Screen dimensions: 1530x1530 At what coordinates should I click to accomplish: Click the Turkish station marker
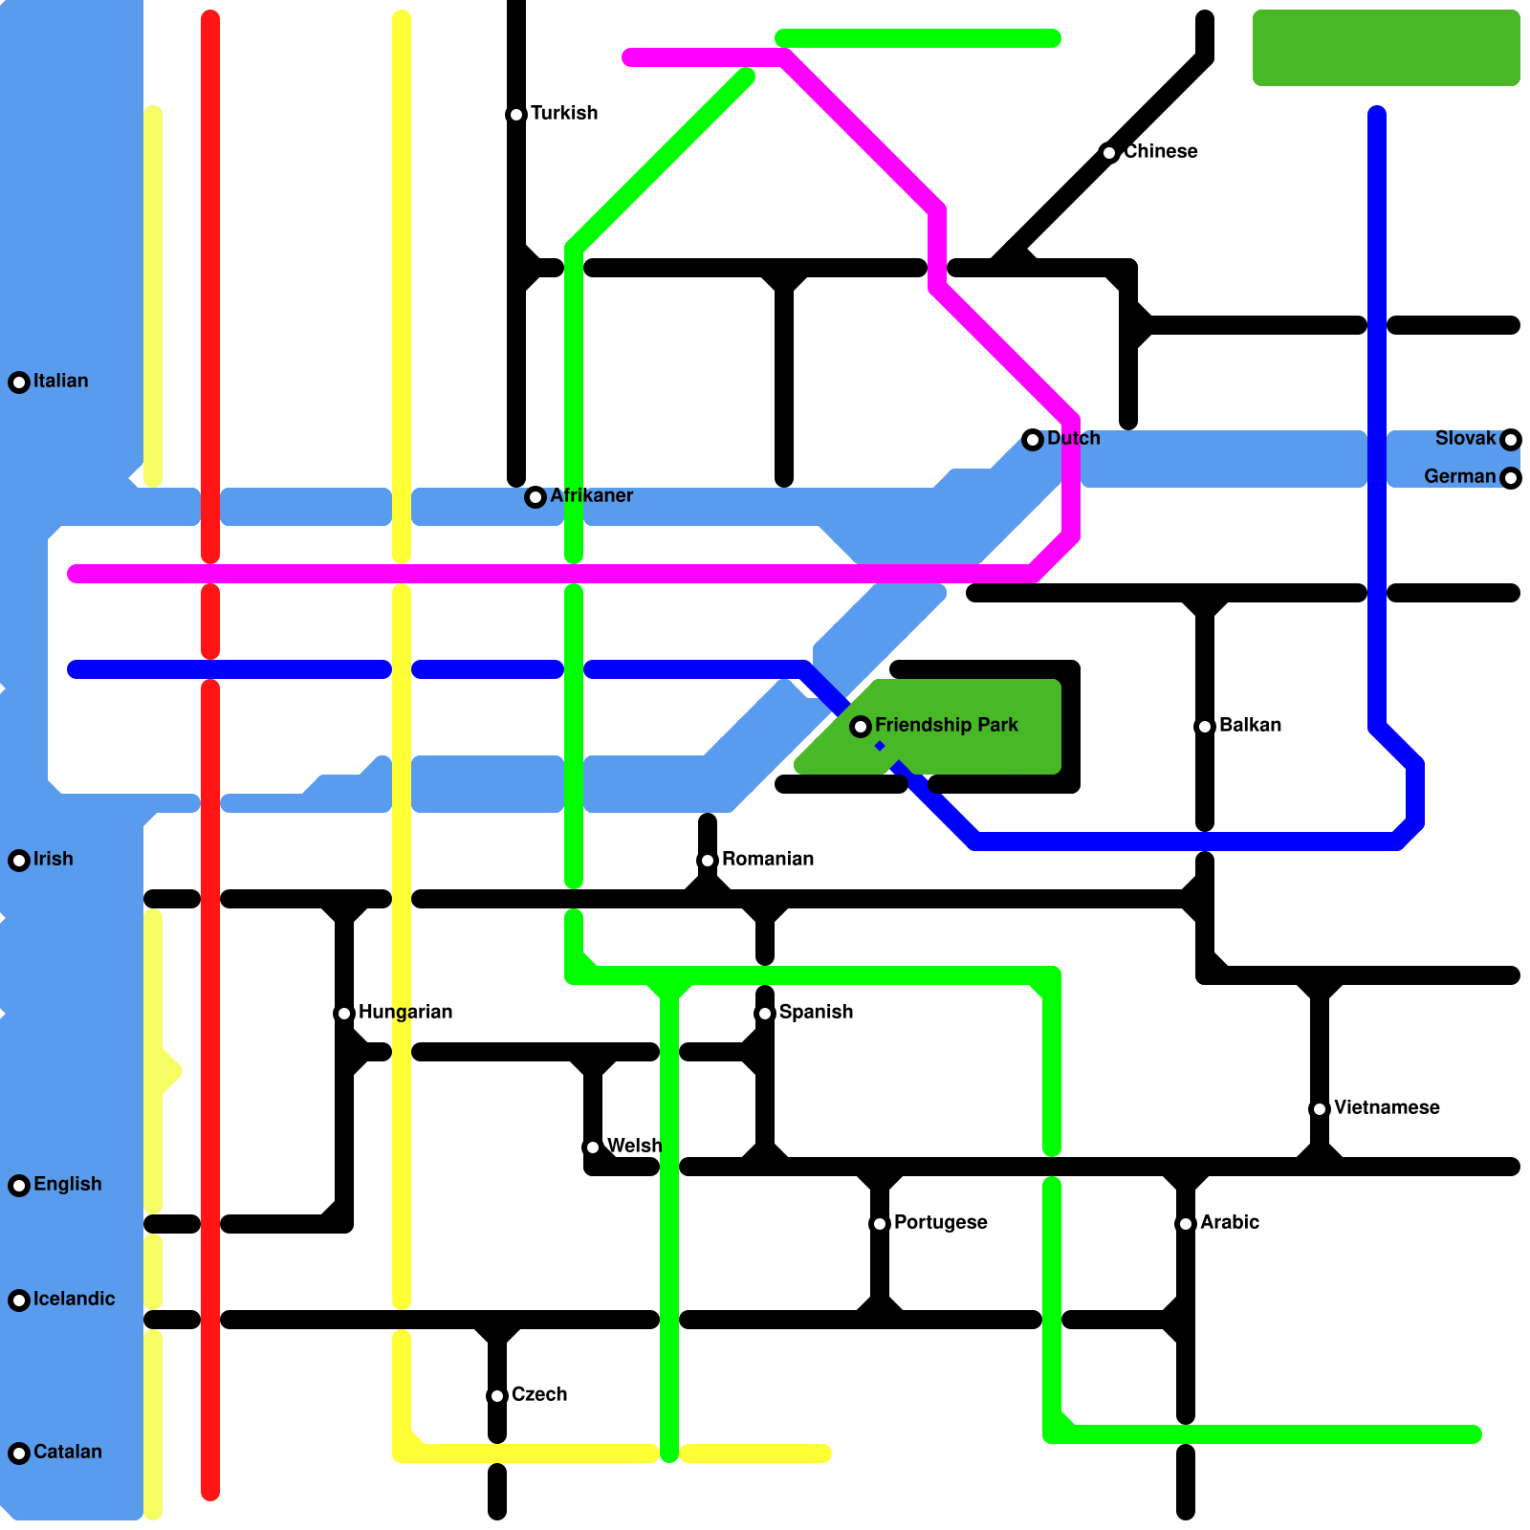pyautogui.click(x=516, y=115)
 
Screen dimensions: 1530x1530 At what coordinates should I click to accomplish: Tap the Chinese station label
pyautogui.click(x=1160, y=152)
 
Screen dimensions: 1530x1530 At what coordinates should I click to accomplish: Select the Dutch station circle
pyautogui.click(x=1033, y=440)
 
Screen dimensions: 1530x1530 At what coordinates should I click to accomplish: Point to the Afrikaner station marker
pyautogui.click(x=535, y=497)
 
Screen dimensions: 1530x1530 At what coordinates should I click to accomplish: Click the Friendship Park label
pyautogui.click(x=946, y=726)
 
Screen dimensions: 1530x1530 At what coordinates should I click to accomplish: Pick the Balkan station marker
pyautogui.click(x=1205, y=727)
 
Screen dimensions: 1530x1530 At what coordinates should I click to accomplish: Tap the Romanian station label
pyautogui.click(x=768, y=860)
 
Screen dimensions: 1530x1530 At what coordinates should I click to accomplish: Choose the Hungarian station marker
pyautogui.click(x=344, y=1014)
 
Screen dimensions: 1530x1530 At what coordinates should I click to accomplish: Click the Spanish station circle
pyautogui.click(x=765, y=1014)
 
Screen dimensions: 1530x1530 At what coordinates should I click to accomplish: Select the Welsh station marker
pyautogui.click(x=593, y=1147)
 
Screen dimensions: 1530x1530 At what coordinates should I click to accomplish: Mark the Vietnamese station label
pyautogui.click(x=1387, y=1108)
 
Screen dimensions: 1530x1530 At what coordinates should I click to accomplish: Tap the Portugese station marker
pyautogui.click(x=880, y=1224)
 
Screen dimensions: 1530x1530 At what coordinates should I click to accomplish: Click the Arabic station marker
pyautogui.click(x=1186, y=1224)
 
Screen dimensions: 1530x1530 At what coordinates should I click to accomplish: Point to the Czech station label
pyautogui.click(x=539, y=1395)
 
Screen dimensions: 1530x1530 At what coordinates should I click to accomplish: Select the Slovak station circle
pyautogui.click(x=1511, y=440)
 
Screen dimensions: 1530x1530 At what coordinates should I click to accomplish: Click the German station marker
pyautogui.click(x=1511, y=478)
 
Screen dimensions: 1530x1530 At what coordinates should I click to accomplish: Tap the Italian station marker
pyautogui.click(x=19, y=382)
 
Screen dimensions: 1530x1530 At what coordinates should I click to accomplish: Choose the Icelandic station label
pyautogui.click(x=74, y=1300)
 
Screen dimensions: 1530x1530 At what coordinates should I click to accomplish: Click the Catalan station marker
pyautogui.click(x=19, y=1453)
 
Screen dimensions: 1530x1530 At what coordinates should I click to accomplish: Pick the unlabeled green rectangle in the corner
pyautogui.click(x=1386, y=48)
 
